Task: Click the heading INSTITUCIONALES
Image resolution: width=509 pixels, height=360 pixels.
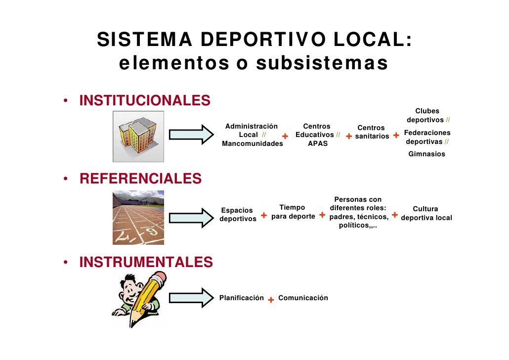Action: pyautogui.click(x=145, y=100)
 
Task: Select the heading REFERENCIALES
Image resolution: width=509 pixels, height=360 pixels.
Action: pyautogui.click(x=140, y=179)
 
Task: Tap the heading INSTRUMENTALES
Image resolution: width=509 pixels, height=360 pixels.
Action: pyautogui.click(x=146, y=262)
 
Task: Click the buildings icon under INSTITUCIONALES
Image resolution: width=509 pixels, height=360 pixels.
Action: pyautogui.click(x=138, y=136)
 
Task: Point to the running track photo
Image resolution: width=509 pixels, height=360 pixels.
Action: pyautogui.click(x=138, y=218)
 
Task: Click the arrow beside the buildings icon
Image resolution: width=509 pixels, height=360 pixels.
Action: pyautogui.click(x=187, y=135)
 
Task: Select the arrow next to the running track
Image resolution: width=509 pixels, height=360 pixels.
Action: pyautogui.click(x=187, y=218)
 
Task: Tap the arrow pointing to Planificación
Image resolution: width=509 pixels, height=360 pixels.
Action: pyautogui.click(x=187, y=298)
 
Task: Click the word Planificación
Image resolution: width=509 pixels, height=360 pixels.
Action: pyautogui.click(x=241, y=298)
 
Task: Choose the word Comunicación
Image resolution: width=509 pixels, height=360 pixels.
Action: pyautogui.click(x=303, y=298)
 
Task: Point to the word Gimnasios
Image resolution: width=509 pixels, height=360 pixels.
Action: pyautogui.click(x=426, y=154)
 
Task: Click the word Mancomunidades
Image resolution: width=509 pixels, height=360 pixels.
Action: pyautogui.click(x=253, y=143)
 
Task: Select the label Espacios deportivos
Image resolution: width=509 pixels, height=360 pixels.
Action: pyautogui.click(x=238, y=215)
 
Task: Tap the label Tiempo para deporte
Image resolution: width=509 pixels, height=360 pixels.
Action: pyautogui.click(x=293, y=212)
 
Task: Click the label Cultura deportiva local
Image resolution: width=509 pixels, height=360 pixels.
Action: pyautogui.click(x=426, y=214)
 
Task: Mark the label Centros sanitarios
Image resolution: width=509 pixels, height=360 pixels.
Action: pyautogui.click(x=371, y=132)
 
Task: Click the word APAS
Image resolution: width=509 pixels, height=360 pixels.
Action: pyautogui.click(x=318, y=143)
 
